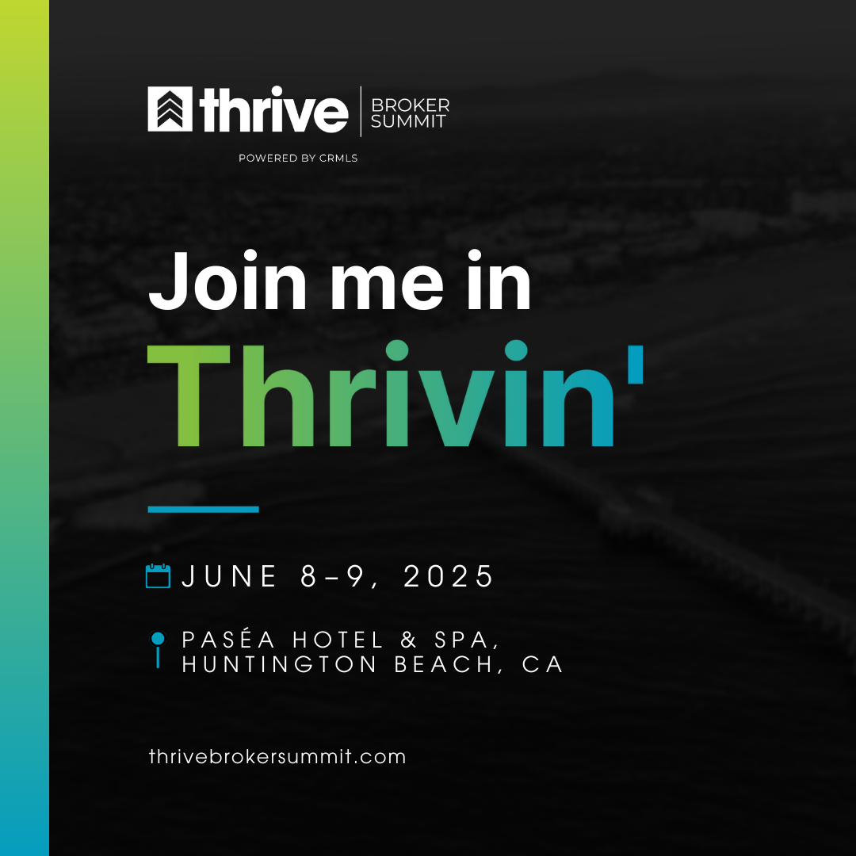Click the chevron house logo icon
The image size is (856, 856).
point(170,109)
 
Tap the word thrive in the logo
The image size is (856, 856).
point(273,109)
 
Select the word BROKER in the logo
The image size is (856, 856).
point(410,105)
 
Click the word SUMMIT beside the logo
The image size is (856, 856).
point(408,120)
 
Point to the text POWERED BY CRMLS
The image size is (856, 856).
point(298,159)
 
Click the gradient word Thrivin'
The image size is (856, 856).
point(396,394)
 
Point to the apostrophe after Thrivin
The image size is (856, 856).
point(636,365)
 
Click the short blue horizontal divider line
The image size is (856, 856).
point(203,510)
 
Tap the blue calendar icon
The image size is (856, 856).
point(159,576)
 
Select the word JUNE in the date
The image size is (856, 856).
point(229,576)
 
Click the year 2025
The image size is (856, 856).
point(448,576)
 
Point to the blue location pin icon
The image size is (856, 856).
point(158,650)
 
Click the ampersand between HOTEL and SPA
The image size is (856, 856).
point(409,640)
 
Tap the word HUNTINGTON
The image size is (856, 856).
point(279,664)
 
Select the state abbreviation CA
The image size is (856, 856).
point(543,664)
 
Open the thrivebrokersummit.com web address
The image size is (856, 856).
point(277,757)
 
